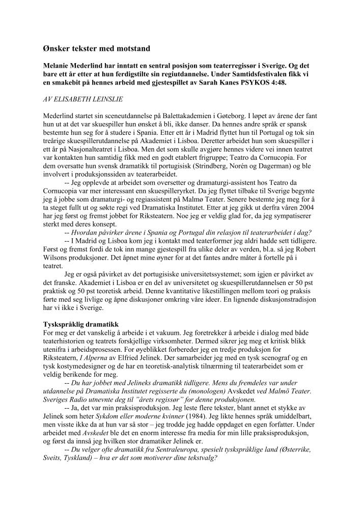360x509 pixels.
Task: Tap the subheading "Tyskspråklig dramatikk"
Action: click(x=80, y=324)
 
